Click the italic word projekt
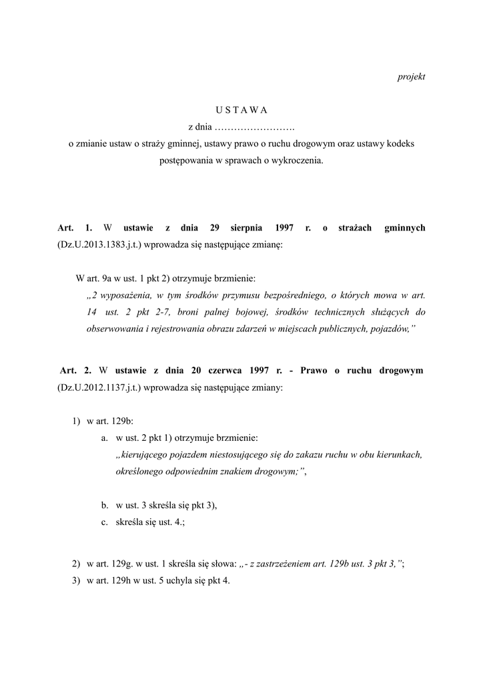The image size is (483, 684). coord(411,77)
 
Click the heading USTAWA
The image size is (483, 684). coord(241,110)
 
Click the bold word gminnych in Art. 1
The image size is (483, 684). coord(405,228)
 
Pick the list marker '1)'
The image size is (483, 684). coord(76,421)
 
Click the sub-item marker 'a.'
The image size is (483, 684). coord(105,438)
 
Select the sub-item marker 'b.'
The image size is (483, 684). coord(105,506)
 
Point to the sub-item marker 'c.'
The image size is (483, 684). coord(105,523)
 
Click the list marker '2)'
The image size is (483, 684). coord(76,564)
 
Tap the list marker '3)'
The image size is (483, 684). coord(76,580)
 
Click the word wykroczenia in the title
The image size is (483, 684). coord(297,160)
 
